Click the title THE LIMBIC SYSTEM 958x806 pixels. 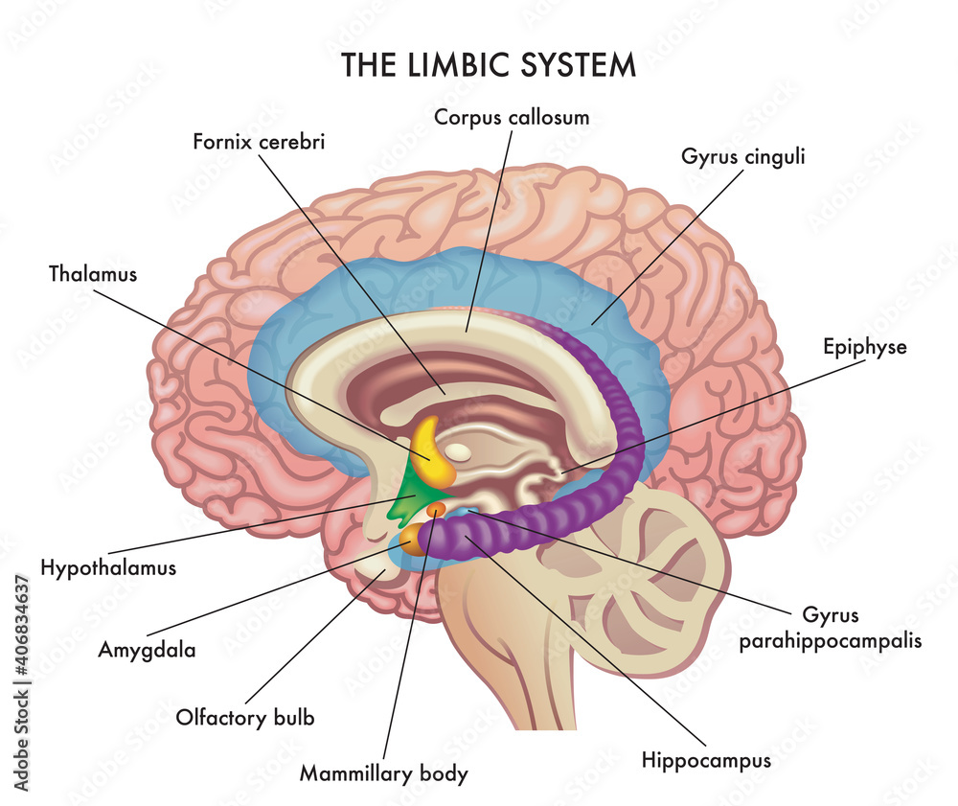point(489,64)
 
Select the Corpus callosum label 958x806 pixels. point(512,117)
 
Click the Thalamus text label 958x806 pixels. point(93,274)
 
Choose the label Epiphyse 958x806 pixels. point(864,347)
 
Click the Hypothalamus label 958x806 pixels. point(108,566)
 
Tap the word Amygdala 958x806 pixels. point(147,650)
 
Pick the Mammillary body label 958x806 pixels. point(384,771)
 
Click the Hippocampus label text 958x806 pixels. point(706,761)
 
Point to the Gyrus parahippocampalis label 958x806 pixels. point(830,628)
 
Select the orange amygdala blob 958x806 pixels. point(412,540)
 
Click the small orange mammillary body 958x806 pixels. point(436,509)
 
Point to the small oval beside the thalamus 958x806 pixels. point(461,449)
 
